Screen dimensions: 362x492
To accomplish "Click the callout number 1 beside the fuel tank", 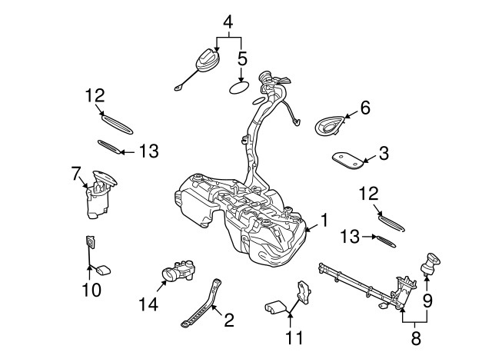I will [x=324, y=221].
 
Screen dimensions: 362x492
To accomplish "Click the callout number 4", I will [x=228, y=22].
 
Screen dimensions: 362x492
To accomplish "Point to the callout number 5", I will [x=241, y=58].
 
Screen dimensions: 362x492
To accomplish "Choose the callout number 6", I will [x=364, y=108].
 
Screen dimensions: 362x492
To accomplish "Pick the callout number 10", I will [x=91, y=290].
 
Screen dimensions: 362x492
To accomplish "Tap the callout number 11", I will [x=294, y=337].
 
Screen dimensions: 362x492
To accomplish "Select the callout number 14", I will [x=148, y=305].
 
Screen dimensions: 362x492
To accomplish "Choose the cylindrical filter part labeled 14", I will [x=178, y=271].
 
